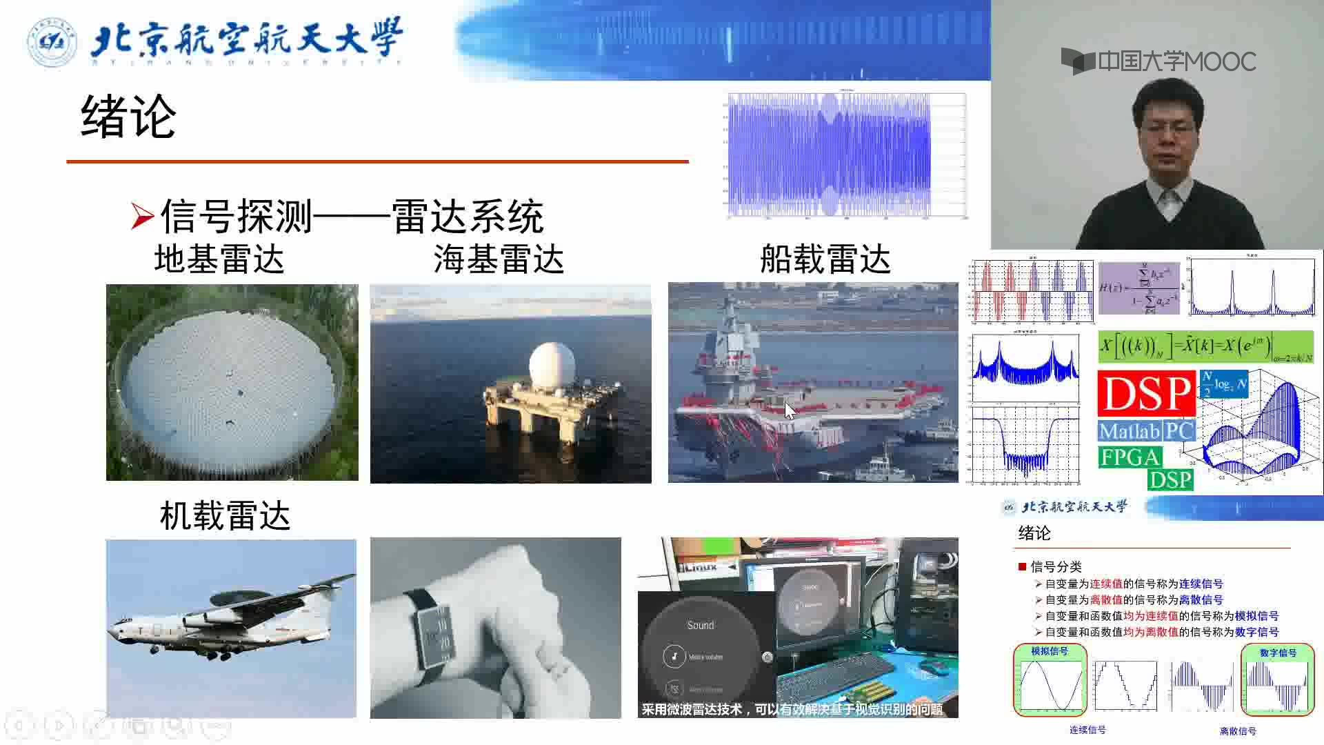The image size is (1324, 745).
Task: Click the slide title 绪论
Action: [128, 117]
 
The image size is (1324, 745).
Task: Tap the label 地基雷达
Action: [219, 260]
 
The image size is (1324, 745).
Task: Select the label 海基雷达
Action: [499, 260]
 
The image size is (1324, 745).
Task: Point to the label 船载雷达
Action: [825, 260]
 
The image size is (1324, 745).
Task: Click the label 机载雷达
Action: [225, 516]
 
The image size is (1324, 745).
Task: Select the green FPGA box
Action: [1130, 457]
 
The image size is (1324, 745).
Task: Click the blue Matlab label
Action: [1130, 431]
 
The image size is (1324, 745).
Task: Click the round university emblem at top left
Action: [52, 42]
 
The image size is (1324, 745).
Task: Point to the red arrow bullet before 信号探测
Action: [142, 217]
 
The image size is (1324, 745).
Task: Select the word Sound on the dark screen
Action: [700, 625]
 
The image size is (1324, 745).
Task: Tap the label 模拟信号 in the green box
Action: [1049, 651]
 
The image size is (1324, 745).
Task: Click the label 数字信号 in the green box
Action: [1278, 653]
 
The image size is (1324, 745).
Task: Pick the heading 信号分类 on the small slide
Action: [1056, 567]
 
